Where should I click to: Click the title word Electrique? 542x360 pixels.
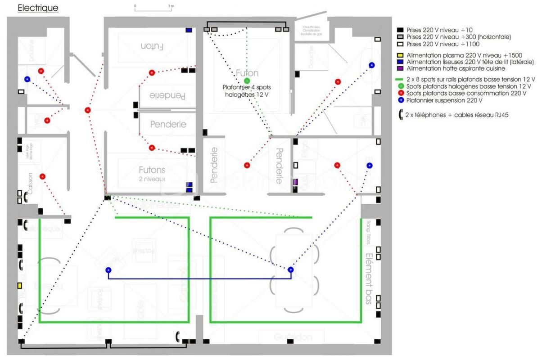point(38,9)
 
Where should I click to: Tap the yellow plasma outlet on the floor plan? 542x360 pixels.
point(20,285)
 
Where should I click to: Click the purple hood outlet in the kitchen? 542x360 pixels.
point(295,182)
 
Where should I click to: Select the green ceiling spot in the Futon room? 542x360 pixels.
point(246,81)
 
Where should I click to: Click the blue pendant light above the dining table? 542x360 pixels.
point(291,270)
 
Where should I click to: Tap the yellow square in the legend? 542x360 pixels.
point(400,55)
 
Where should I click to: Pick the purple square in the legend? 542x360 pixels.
point(400,68)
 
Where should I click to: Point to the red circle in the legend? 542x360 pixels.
point(400,93)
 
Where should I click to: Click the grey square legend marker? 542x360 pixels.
point(400,37)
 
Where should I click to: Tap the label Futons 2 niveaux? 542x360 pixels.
point(152,173)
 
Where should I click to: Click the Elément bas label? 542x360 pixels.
point(368,279)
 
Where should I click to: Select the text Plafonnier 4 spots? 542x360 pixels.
point(247,88)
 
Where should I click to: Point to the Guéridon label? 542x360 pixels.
point(292,337)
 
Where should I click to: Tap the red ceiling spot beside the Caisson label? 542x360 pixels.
point(42,176)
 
